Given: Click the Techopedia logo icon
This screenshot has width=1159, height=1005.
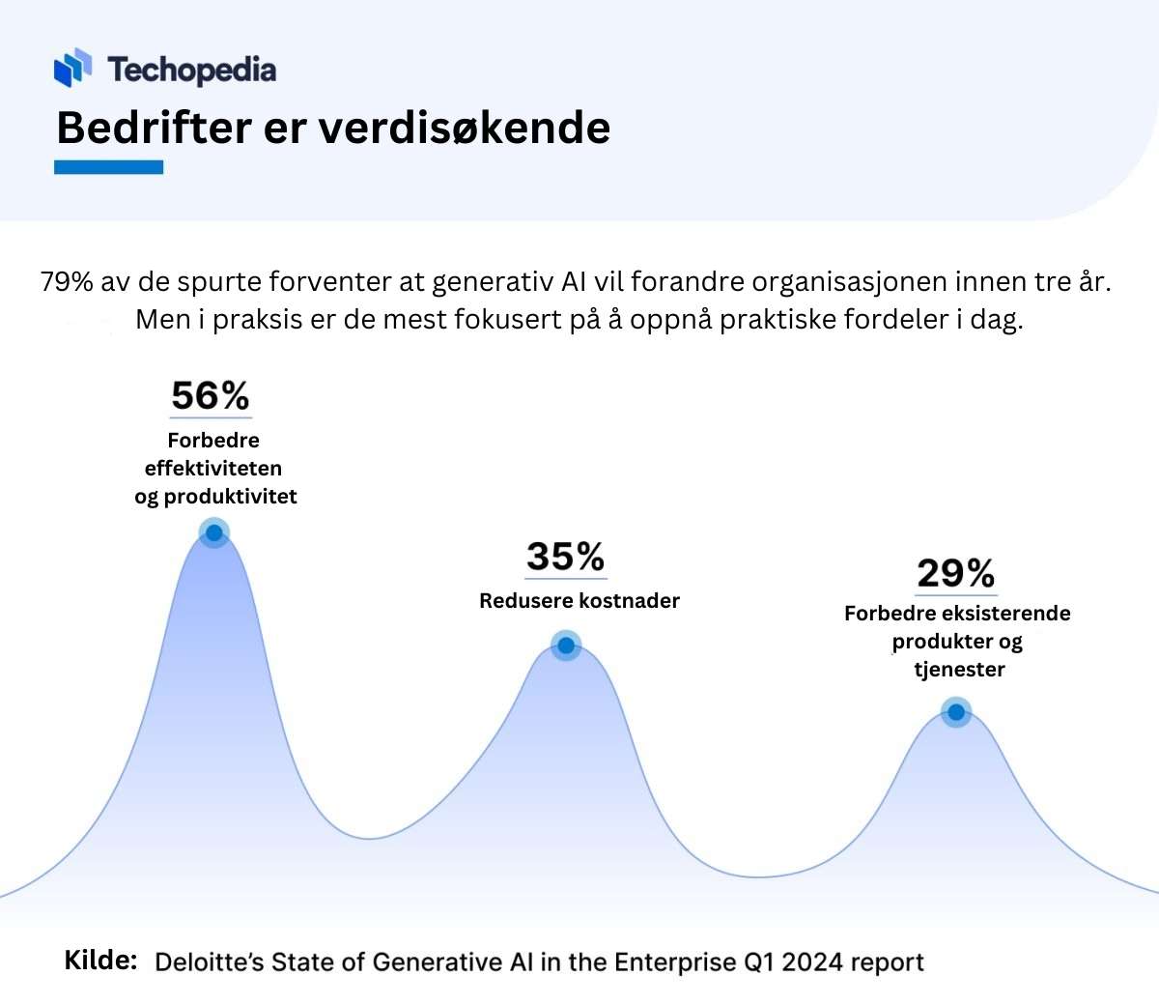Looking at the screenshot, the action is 72,68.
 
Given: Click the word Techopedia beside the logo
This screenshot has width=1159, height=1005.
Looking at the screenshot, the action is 192,71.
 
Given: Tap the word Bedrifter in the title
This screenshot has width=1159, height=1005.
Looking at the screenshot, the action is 155,128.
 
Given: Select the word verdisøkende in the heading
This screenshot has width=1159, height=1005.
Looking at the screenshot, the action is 465,128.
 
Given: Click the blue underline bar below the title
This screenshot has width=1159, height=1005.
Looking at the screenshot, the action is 109,167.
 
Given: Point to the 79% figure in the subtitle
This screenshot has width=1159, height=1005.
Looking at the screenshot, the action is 67,281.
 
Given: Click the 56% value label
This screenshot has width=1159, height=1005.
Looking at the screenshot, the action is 211,395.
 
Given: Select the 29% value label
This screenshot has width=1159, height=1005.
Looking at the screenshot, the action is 956,572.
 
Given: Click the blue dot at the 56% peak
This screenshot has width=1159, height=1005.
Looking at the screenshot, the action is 214,532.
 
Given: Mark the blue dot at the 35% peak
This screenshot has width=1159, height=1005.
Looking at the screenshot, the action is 566,646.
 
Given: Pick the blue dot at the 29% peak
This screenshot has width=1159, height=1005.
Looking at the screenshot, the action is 956,712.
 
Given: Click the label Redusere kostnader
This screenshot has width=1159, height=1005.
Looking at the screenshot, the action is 579,600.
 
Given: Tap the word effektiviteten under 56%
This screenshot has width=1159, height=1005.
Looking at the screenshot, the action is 213,468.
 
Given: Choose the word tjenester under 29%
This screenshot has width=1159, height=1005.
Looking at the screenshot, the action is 959,669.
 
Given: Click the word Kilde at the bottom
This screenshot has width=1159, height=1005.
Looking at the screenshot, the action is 100,961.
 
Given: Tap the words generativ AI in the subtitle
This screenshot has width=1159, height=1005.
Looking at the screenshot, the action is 509,282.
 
